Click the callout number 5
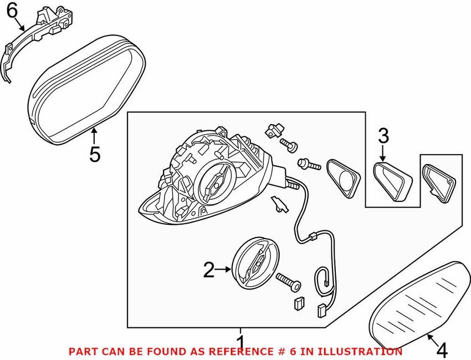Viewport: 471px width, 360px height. [x=95, y=154]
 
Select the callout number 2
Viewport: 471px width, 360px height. [x=208, y=270]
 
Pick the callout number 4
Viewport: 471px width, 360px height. [x=442, y=351]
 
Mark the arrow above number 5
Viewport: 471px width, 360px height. [x=95, y=135]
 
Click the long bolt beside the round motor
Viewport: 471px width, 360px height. [x=289, y=280]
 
